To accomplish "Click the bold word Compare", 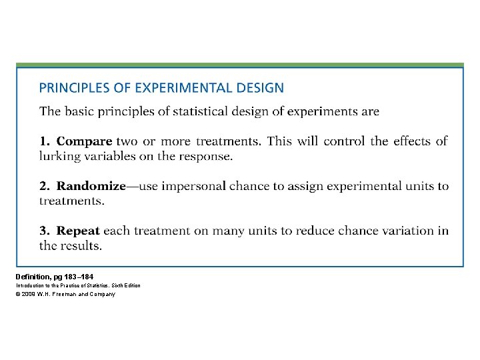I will pyautogui.click(x=85, y=141).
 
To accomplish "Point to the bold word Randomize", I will pyautogui.click(x=91, y=186).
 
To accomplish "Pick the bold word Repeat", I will pyautogui.click(x=78, y=231).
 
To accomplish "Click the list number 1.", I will pyautogui.click(x=43, y=141).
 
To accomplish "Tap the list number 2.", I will pyautogui.click(x=43, y=186).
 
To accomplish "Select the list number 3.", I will pyautogui.click(x=43, y=231).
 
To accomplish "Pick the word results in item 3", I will pyautogui.click(x=80, y=246).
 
